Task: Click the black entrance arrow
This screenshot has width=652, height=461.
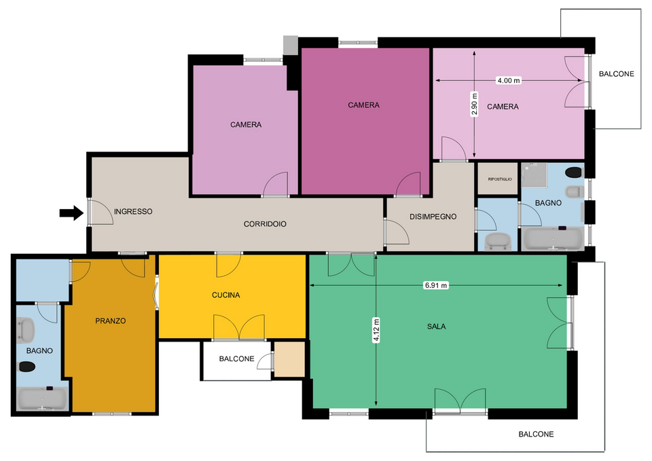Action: click(71, 213)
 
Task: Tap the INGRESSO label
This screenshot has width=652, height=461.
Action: click(133, 212)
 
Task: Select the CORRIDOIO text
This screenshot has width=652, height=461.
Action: click(265, 224)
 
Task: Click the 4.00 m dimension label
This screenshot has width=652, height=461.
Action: click(509, 80)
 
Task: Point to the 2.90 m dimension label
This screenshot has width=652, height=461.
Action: click(475, 104)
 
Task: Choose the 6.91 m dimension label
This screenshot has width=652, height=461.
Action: click(436, 285)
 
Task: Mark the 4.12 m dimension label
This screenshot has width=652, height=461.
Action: click(376, 330)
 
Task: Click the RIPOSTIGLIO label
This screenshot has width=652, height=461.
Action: click(500, 179)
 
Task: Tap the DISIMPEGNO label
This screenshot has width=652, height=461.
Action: click(433, 217)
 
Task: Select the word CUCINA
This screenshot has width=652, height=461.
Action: click(225, 295)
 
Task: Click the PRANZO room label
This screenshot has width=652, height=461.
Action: click(110, 321)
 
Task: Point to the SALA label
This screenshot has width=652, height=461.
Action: click(436, 327)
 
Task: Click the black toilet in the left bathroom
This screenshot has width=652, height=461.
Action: click(27, 367)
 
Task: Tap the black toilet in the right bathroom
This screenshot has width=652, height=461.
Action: click(575, 172)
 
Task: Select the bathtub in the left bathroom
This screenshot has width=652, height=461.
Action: click(41, 399)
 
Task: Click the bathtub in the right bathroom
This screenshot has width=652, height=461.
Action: click(553, 238)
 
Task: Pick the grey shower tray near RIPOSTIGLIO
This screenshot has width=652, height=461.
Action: click(535, 175)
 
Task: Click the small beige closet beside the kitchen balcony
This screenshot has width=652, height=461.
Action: click(289, 360)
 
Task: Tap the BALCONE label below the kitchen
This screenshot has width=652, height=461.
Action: click(236, 358)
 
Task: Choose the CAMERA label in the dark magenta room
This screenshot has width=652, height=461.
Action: click(364, 105)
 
